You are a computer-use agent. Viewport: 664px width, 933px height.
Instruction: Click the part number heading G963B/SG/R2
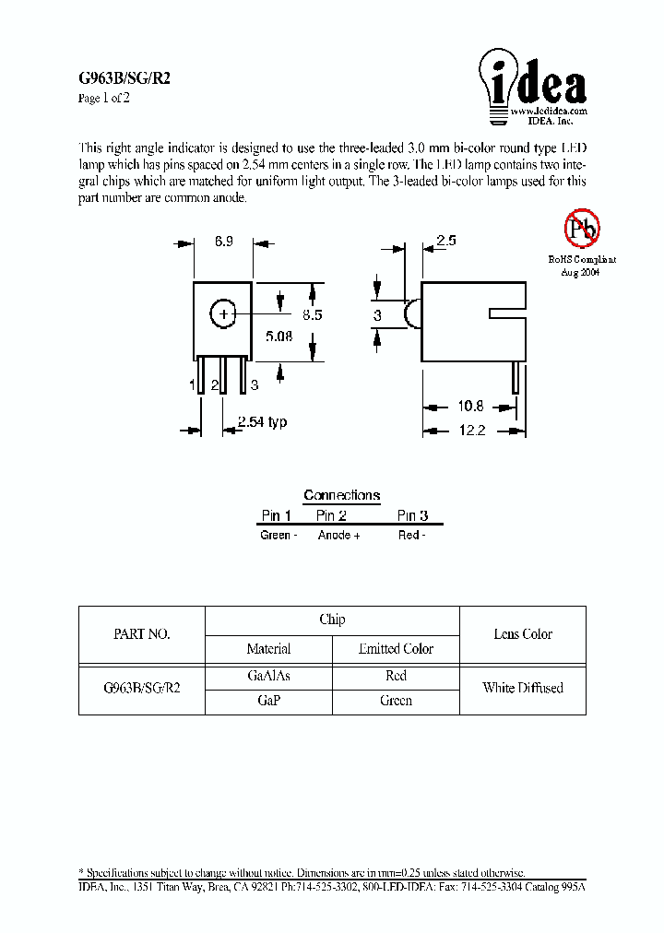tap(124, 79)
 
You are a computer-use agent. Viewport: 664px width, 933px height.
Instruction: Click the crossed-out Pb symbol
tap(582, 227)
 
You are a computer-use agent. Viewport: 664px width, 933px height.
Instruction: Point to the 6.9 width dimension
tap(223, 242)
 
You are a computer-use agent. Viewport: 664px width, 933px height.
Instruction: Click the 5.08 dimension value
tap(279, 337)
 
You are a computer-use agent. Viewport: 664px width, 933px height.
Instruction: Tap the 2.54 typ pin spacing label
tap(262, 422)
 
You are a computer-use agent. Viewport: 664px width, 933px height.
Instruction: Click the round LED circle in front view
tap(222, 314)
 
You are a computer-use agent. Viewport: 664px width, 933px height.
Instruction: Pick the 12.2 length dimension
tap(469, 431)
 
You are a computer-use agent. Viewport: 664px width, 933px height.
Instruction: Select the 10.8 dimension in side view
tap(468, 407)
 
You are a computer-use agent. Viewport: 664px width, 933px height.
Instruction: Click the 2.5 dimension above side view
tap(446, 242)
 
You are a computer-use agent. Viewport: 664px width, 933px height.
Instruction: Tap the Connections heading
tap(341, 495)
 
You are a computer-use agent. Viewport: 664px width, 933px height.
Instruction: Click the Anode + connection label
tap(338, 536)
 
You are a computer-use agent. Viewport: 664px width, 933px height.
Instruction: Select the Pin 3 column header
tap(412, 516)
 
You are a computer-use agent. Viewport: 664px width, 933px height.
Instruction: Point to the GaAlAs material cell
tap(269, 676)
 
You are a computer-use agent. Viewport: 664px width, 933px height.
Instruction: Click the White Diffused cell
tap(523, 688)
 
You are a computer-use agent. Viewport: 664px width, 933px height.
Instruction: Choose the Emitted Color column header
tap(396, 649)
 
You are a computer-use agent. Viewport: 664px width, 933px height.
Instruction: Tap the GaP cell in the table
tap(269, 701)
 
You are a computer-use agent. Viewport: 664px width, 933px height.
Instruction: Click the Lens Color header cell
tap(523, 634)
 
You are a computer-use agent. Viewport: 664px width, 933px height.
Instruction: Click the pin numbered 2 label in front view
tap(214, 385)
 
